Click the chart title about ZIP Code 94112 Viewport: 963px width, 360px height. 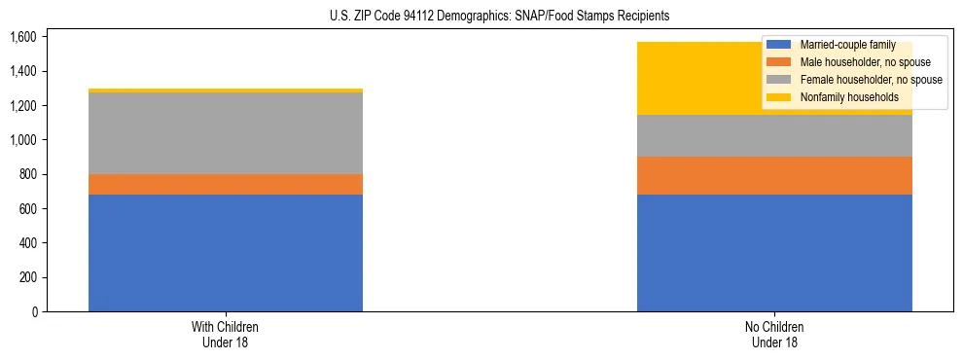(x=481, y=17)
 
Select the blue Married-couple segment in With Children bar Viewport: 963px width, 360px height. (x=226, y=253)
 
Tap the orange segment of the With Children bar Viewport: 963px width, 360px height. (x=226, y=184)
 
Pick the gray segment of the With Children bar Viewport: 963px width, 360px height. (x=226, y=133)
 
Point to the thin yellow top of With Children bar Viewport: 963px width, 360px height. (x=226, y=90)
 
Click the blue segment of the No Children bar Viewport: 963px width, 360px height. (x=774, y=253)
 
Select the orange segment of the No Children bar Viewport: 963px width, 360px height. (x=774, y=175)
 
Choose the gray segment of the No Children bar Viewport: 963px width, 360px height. (x=774, y=135)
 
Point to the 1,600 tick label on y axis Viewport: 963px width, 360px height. (x=22, y=37)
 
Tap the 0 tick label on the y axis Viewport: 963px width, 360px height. (x=34, y=311)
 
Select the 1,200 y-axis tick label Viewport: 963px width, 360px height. (x=22, y=105)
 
